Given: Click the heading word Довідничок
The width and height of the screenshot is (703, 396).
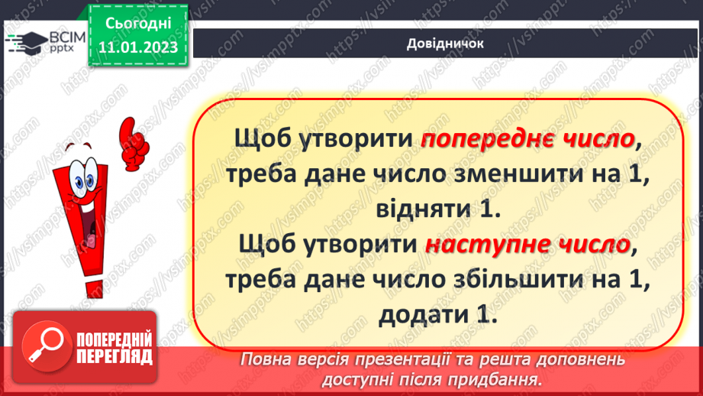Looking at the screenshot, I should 445,43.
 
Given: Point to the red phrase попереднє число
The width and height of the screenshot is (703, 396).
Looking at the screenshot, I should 527,139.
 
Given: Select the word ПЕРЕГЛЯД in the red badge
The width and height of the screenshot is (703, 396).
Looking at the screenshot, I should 114,355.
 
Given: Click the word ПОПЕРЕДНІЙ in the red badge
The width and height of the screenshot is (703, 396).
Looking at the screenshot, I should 114,338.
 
